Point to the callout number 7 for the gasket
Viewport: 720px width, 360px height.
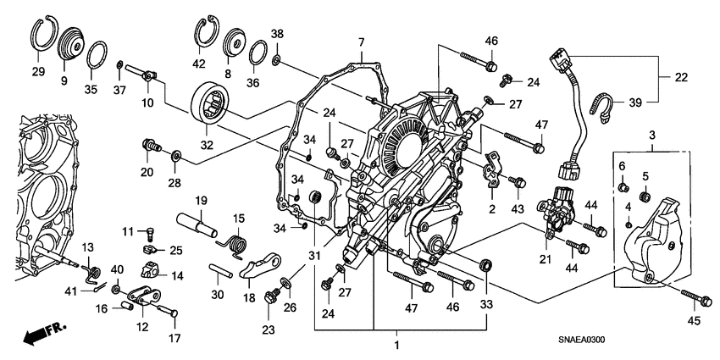360,42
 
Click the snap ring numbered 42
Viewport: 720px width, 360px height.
205,35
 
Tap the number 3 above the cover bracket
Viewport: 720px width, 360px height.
652,136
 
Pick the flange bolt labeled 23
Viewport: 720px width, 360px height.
271,296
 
